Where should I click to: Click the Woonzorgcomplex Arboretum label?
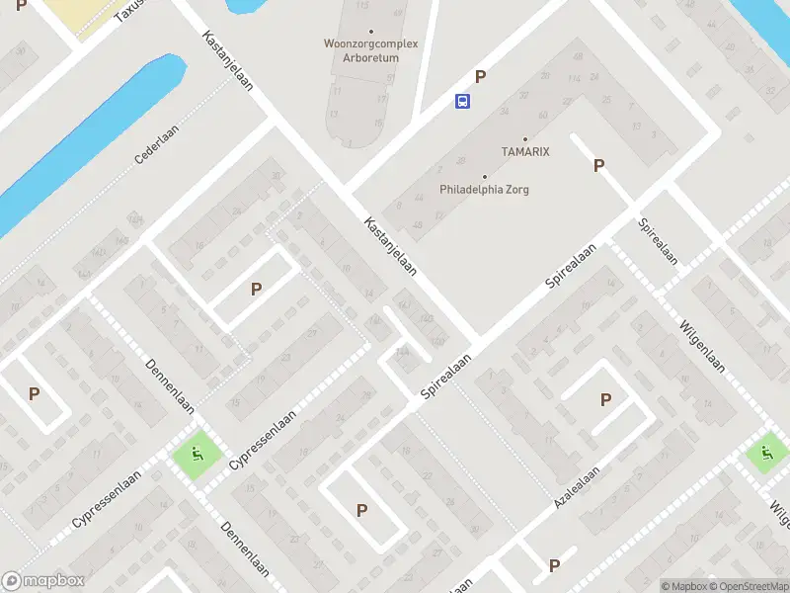click(x=370, y=50)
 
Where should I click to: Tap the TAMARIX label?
click(x=524, y=151)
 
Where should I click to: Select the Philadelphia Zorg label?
click(x=484, y=189)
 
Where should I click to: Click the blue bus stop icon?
click(x=462, y=100)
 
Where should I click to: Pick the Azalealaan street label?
click(x=576, y=489)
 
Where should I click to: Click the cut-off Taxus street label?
click(x=128, y=10)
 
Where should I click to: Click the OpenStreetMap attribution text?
click(x=750, y=586)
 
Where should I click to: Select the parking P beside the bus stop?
click(x=481, y=76)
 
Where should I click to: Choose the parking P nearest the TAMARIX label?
click(x=598, y=166)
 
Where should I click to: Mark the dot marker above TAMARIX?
click(x=524, y=138)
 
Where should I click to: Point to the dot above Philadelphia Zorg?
click(x=484, y=176)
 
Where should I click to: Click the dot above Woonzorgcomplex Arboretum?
click(x=370, y=32)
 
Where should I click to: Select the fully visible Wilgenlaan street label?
click(x=703, y=346)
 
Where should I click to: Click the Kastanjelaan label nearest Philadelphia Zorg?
click(x=390, y=246)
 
